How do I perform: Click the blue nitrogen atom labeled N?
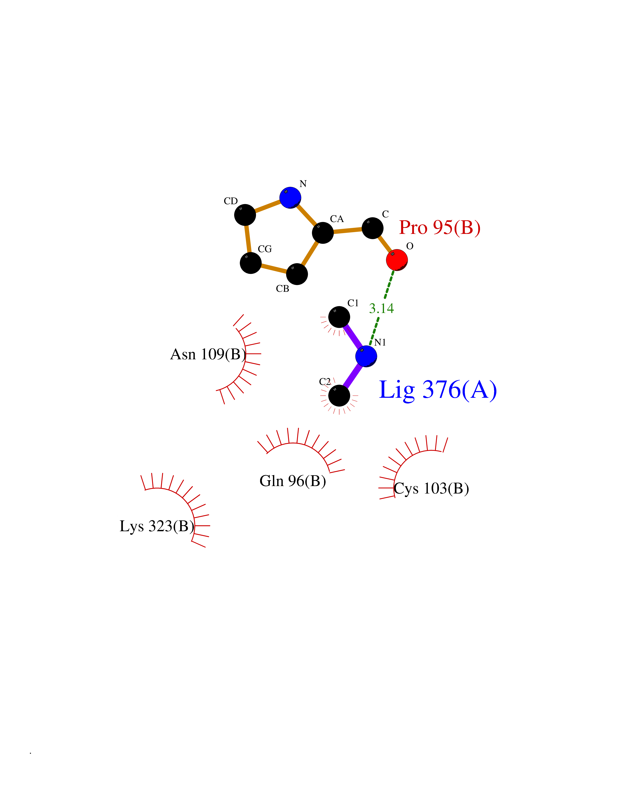[290, 198]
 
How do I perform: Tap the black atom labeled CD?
[245, 215]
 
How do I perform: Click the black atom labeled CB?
[297, 274]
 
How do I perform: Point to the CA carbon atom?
[323, 233]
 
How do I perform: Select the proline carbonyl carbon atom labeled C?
[372, 228]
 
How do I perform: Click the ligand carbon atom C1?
[339, 317]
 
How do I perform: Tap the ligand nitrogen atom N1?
[366, 356]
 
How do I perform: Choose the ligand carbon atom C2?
[339, 396]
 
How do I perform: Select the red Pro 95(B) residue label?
[440, 227]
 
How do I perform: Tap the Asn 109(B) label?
[208, 354]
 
